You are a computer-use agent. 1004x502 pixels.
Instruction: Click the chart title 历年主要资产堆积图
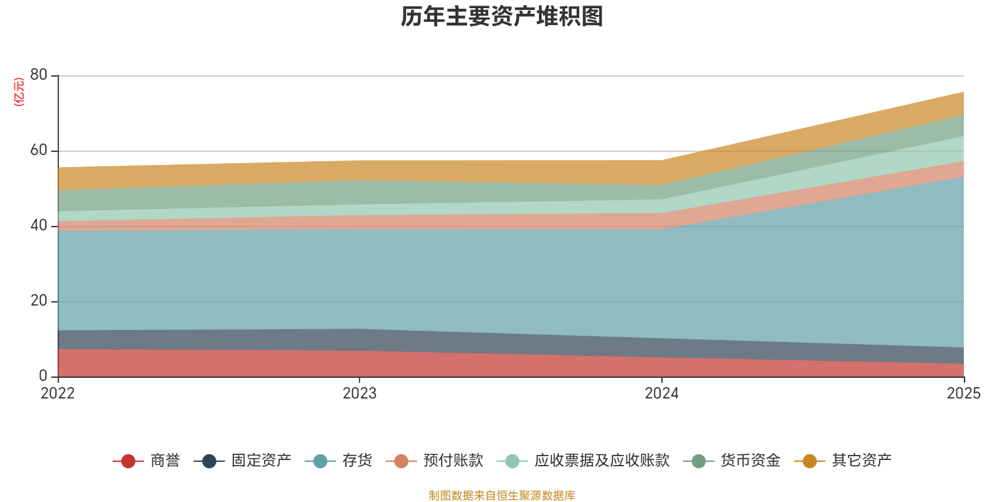pyautogui.click(x=501, y=17)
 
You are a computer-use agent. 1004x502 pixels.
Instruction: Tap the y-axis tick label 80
pyautogui.click(x=39, y=75)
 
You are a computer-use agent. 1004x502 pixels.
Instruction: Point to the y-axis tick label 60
pyautogui.click(x=39, y=150)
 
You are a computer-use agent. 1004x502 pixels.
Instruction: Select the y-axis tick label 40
pyautogui.click(x=39, y=225)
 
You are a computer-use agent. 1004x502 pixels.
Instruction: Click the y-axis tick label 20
pyautogui.click(x=39, y=301)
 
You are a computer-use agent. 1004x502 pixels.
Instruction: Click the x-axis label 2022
pyautogui.click(x=58, y=393)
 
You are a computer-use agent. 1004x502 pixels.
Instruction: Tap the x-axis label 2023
pyautogui.click(x=360, y=393)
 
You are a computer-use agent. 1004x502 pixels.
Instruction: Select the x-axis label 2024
pyautogui.click(x=661, y=393)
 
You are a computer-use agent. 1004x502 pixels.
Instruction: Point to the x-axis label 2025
pyautogui.click(x=963, y=393)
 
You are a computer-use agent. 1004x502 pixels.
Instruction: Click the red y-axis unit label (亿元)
pyautogui.click(x=19, y=92)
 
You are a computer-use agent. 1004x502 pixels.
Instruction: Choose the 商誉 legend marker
pyautogui.click(x=128, y=461)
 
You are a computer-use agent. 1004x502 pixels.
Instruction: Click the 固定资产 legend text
pyautogui.click(x=261, y=461)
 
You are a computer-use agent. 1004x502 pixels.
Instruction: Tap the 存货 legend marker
pyautogui.click(x=320, y=461)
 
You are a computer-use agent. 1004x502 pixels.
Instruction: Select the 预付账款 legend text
pyautogui.click(x=453, y=461)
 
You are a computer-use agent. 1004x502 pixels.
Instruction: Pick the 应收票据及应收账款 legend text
pyautogui.click(x=602, y=461)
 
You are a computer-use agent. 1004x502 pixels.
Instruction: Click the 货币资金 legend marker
pyautogui.click(x=698, y=461)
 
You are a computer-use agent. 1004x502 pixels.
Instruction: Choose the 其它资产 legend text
pyautogui.click(x=862, y=461)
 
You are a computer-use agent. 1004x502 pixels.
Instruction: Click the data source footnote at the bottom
pyautogui.click(x=501, y=496)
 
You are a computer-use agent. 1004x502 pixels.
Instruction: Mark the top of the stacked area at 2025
pyautogui.click(x=963, y=92)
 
